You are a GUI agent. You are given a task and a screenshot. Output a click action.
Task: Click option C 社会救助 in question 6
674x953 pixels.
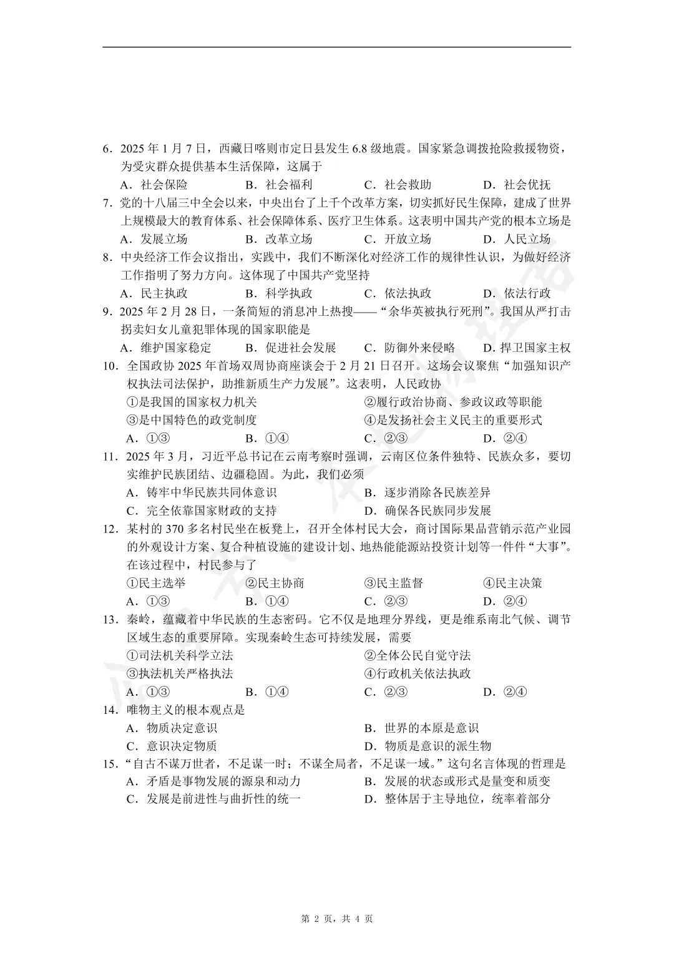(x=398, y=185)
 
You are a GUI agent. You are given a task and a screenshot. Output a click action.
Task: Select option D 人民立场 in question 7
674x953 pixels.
(x=517, y=239)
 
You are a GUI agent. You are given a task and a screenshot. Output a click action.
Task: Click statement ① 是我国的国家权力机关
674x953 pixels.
(x=192, y=402)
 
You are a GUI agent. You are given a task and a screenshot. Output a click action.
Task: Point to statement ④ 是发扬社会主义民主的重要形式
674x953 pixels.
(x=453, y=420)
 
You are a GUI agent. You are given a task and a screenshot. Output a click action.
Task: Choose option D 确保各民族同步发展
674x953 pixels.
(x=428, y=511)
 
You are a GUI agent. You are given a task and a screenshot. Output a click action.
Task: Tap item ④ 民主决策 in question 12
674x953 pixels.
(x=512, y=583)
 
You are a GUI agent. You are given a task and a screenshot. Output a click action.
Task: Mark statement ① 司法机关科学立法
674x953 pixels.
(x=180, y=655)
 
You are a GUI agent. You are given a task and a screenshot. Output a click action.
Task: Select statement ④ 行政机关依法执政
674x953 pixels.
(x=418, y=673)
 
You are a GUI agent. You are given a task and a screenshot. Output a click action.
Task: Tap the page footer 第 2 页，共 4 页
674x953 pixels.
(x=337, y=919)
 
